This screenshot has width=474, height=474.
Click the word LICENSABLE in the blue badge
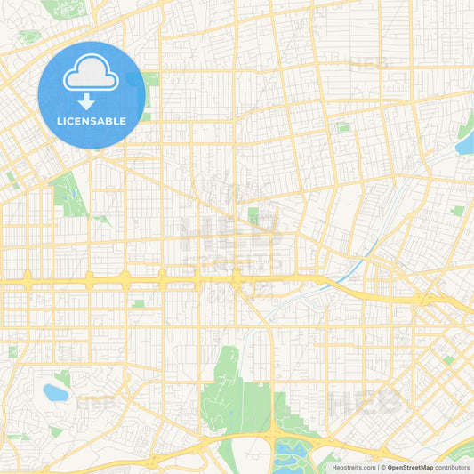(92, 121)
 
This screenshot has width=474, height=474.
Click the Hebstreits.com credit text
(354, 467)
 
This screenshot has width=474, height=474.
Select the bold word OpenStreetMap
(410, 467)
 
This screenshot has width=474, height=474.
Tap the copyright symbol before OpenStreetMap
(383, 467)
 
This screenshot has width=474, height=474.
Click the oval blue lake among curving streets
(55, 392)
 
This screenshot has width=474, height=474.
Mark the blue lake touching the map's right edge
(466, 140)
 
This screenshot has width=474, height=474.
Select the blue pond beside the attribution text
(289, 454)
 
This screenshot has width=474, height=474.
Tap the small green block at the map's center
(253, 214)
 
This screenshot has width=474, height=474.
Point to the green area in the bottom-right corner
(460, 452)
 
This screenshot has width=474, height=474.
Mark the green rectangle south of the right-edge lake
(457, 211)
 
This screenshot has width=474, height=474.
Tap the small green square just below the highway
(138, 303)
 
